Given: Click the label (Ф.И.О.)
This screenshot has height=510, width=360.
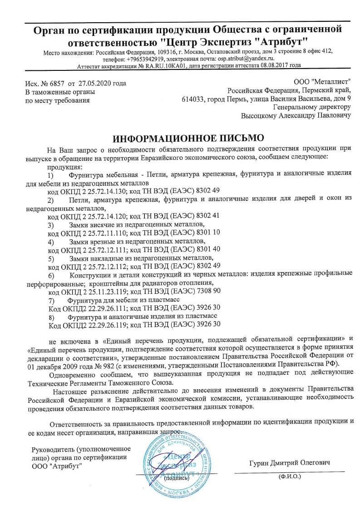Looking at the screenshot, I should click(289, 477).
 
